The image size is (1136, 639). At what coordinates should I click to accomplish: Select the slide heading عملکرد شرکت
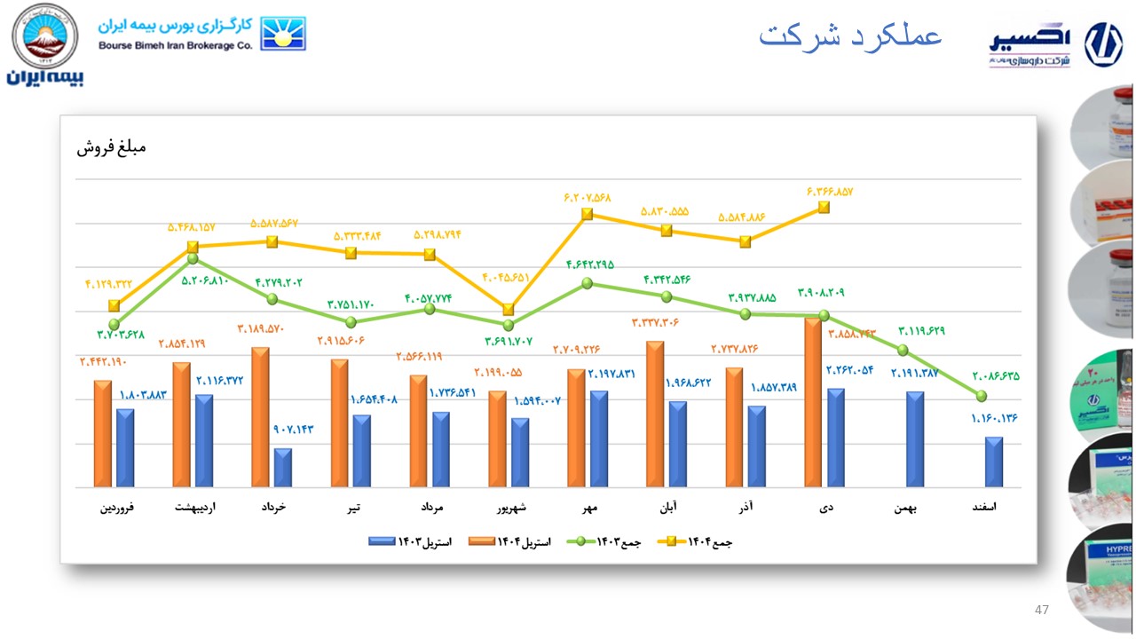pos(849,37)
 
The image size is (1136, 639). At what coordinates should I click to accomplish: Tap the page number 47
pos(1042,611)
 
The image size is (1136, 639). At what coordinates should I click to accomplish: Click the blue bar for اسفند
pos(994,462)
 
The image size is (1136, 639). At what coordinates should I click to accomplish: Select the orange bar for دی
pos(813,403)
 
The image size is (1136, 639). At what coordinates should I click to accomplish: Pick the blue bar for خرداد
pos(283,468)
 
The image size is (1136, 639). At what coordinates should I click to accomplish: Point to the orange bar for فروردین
pos(103,434)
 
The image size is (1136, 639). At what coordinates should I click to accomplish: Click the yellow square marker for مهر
pos(588,214)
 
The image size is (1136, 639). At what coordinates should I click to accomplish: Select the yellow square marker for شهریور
pos(509,310)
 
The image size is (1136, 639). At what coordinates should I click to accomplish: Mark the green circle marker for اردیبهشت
pos(193,259)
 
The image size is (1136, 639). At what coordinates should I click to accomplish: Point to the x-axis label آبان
pos(667,509)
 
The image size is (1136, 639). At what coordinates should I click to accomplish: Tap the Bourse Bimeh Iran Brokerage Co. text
pos(175,45)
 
